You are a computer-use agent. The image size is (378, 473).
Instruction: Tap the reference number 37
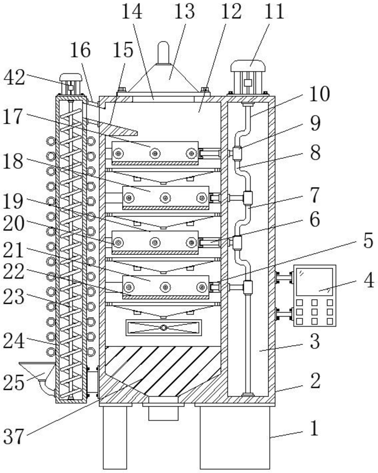click(x=14, y=437)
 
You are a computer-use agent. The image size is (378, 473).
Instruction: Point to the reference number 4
click(x=368, y=280)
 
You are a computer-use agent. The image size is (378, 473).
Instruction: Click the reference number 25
click(x=14, y=383)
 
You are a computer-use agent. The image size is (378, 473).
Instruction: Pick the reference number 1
click(x=314, y=428)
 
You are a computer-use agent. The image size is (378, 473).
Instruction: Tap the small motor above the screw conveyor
click(x=71, y=84)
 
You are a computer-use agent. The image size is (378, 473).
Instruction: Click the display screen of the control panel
click(x=314, y=282)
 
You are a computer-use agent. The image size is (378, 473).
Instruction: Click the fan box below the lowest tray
click(x=164, y=327)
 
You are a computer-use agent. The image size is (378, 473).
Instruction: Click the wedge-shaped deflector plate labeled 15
click(x=118, y=128)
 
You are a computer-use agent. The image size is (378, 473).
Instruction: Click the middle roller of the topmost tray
click(x=155, y=154)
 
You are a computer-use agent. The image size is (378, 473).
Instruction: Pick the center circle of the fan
click(x=164, y=327)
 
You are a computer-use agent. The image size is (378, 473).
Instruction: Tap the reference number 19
click(x=13, y=201)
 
